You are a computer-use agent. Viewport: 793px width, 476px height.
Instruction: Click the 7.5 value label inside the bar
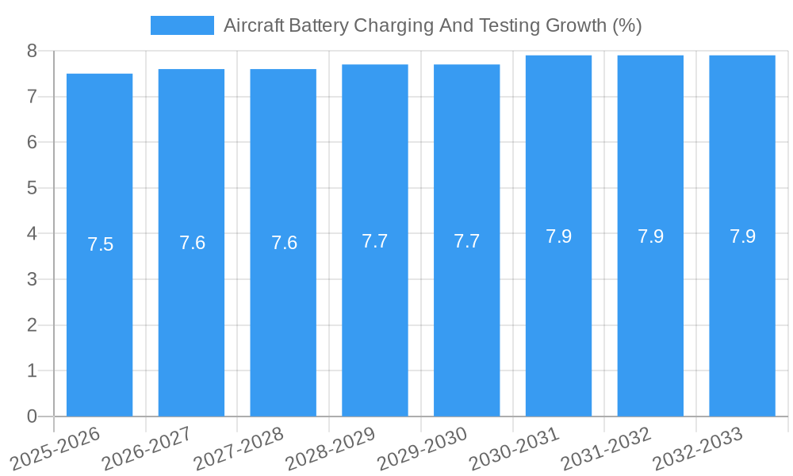(100, 244)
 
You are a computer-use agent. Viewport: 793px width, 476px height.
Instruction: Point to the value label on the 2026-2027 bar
(192, 243)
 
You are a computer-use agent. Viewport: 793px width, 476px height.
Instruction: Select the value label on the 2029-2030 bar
(466, 241)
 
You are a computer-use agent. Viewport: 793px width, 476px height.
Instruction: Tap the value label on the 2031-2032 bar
(650, 236)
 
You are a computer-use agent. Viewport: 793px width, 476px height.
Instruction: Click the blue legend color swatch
(182, 25)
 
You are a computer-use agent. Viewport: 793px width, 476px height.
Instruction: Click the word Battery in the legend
(318, 25)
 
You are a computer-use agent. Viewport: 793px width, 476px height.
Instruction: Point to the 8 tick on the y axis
(32, 51)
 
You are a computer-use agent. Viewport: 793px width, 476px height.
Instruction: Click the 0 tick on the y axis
(32, 416)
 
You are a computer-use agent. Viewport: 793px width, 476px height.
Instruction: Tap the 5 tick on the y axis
(32, 188)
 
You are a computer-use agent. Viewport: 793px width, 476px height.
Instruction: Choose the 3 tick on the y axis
(32, 279)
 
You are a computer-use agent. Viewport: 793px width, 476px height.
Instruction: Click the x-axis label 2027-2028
(239, 449)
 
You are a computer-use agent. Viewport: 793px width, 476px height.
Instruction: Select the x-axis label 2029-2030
(422, 449)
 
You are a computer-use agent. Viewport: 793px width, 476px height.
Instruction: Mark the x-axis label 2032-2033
(698, 449)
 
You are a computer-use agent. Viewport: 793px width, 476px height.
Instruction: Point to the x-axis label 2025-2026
(56, 449)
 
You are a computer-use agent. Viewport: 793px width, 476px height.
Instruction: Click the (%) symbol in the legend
(626, 25)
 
